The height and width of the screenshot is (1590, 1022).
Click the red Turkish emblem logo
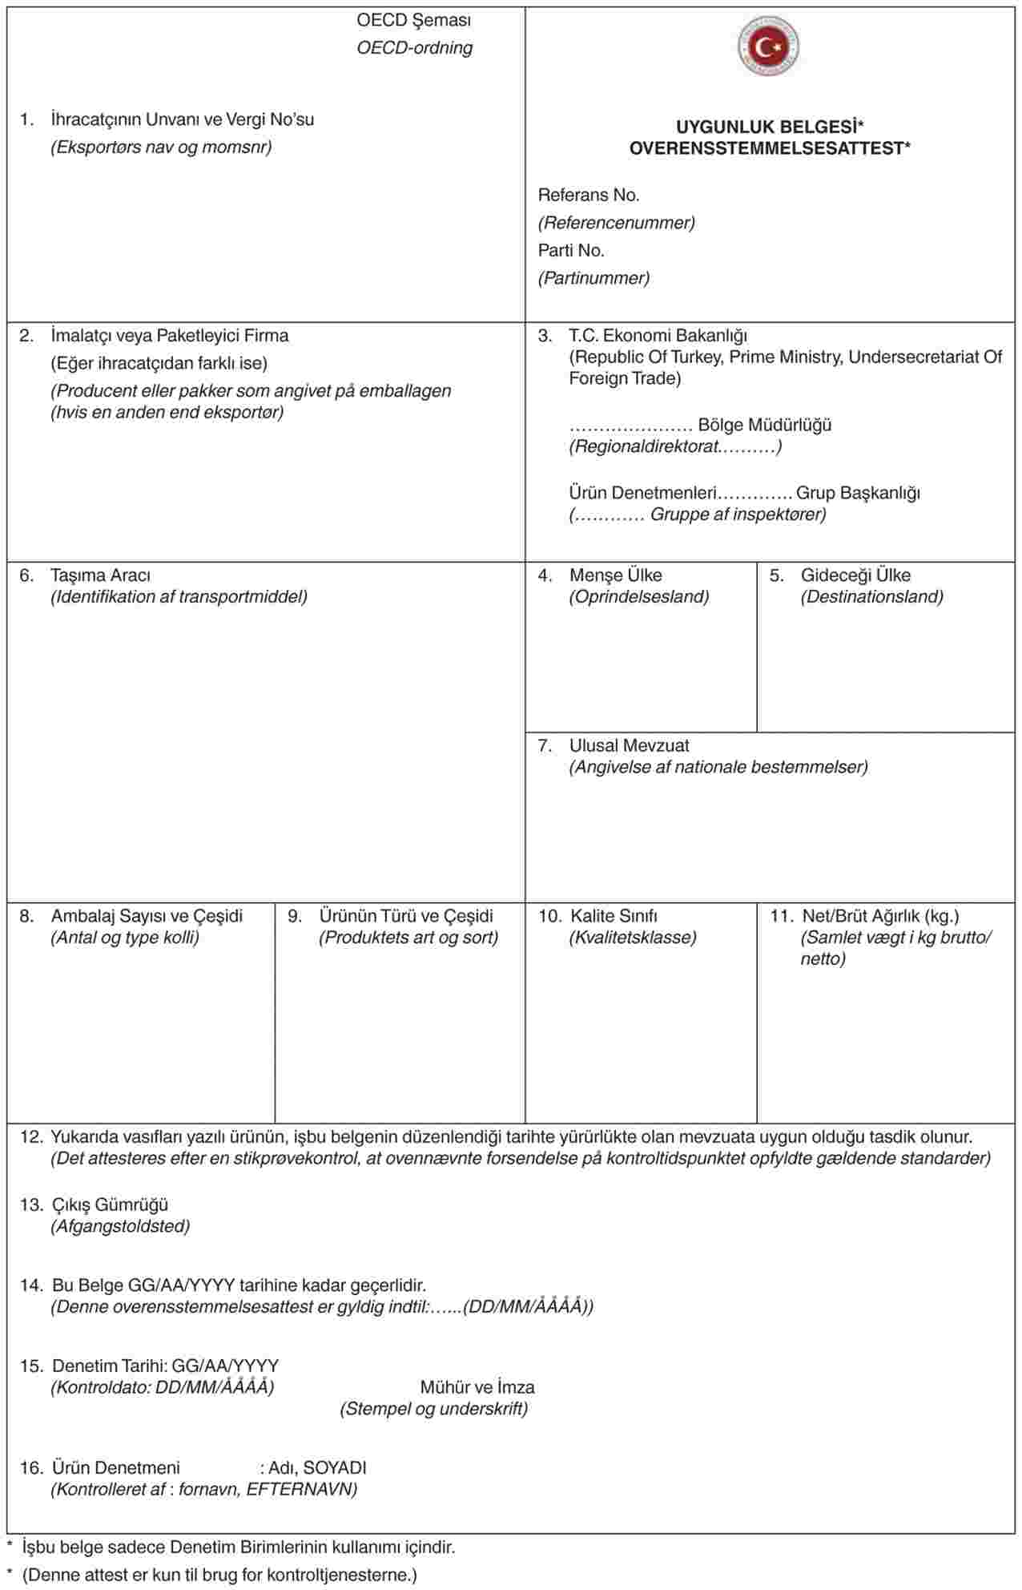coord(768,46)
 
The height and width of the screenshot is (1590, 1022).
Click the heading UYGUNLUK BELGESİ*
coord(769,127)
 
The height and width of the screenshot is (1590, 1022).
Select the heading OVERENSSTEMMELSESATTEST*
coord(769,148)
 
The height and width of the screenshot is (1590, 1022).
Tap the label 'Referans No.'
coord(589,195)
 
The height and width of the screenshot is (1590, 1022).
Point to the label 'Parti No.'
coord(571,250)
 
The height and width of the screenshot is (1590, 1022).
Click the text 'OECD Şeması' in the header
coord(414,20)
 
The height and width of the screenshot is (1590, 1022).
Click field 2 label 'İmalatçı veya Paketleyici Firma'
coord(170,335)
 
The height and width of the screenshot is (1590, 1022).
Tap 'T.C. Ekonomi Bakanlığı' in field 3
coord(658,335)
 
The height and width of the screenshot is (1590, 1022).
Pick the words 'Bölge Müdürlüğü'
coord(764,425)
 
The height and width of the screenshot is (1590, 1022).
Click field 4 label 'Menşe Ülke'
coord(615,575)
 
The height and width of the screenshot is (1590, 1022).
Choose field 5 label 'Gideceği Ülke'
coord(855,575)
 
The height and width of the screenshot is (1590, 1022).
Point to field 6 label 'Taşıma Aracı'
coord(100,575)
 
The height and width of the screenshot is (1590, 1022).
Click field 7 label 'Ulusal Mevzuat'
coord(629,745)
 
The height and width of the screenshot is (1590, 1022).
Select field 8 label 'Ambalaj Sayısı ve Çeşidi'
coord(147,915)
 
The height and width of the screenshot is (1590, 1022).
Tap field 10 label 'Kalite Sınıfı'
coord(614,915)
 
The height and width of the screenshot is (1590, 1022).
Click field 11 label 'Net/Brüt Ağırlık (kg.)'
coord(880,915)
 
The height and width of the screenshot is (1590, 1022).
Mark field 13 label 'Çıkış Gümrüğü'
coord(110,1205)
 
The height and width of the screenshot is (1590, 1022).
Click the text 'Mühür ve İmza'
coord(477,1387)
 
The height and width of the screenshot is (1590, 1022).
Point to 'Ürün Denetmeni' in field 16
coord(116,1468)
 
